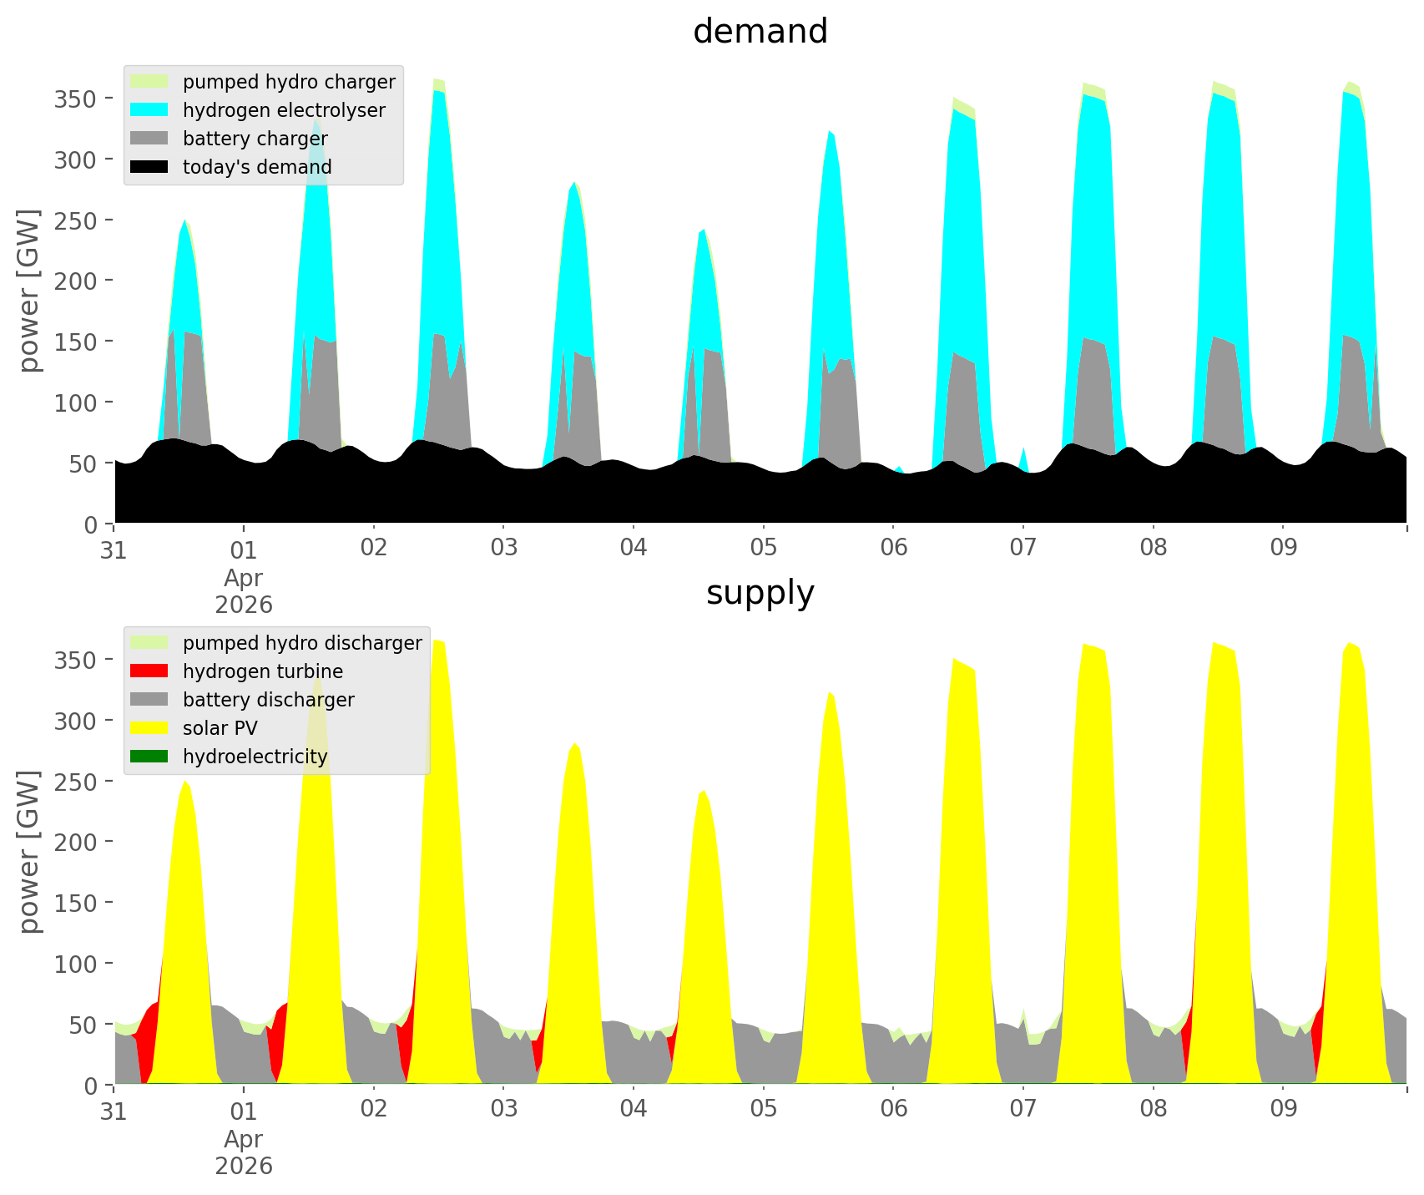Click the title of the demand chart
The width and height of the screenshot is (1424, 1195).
760,32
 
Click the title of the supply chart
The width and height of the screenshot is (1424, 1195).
760,593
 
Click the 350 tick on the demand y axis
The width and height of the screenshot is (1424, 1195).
76,99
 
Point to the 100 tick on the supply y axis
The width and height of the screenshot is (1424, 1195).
76,964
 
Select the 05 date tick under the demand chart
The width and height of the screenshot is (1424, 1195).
763,548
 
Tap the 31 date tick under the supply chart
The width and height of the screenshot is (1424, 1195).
114,1109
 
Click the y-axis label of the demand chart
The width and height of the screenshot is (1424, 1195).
29,291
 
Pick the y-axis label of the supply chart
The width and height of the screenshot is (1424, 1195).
29,852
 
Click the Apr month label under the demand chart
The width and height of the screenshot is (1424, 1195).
243,577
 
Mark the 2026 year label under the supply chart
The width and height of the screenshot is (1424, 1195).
243,1166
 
